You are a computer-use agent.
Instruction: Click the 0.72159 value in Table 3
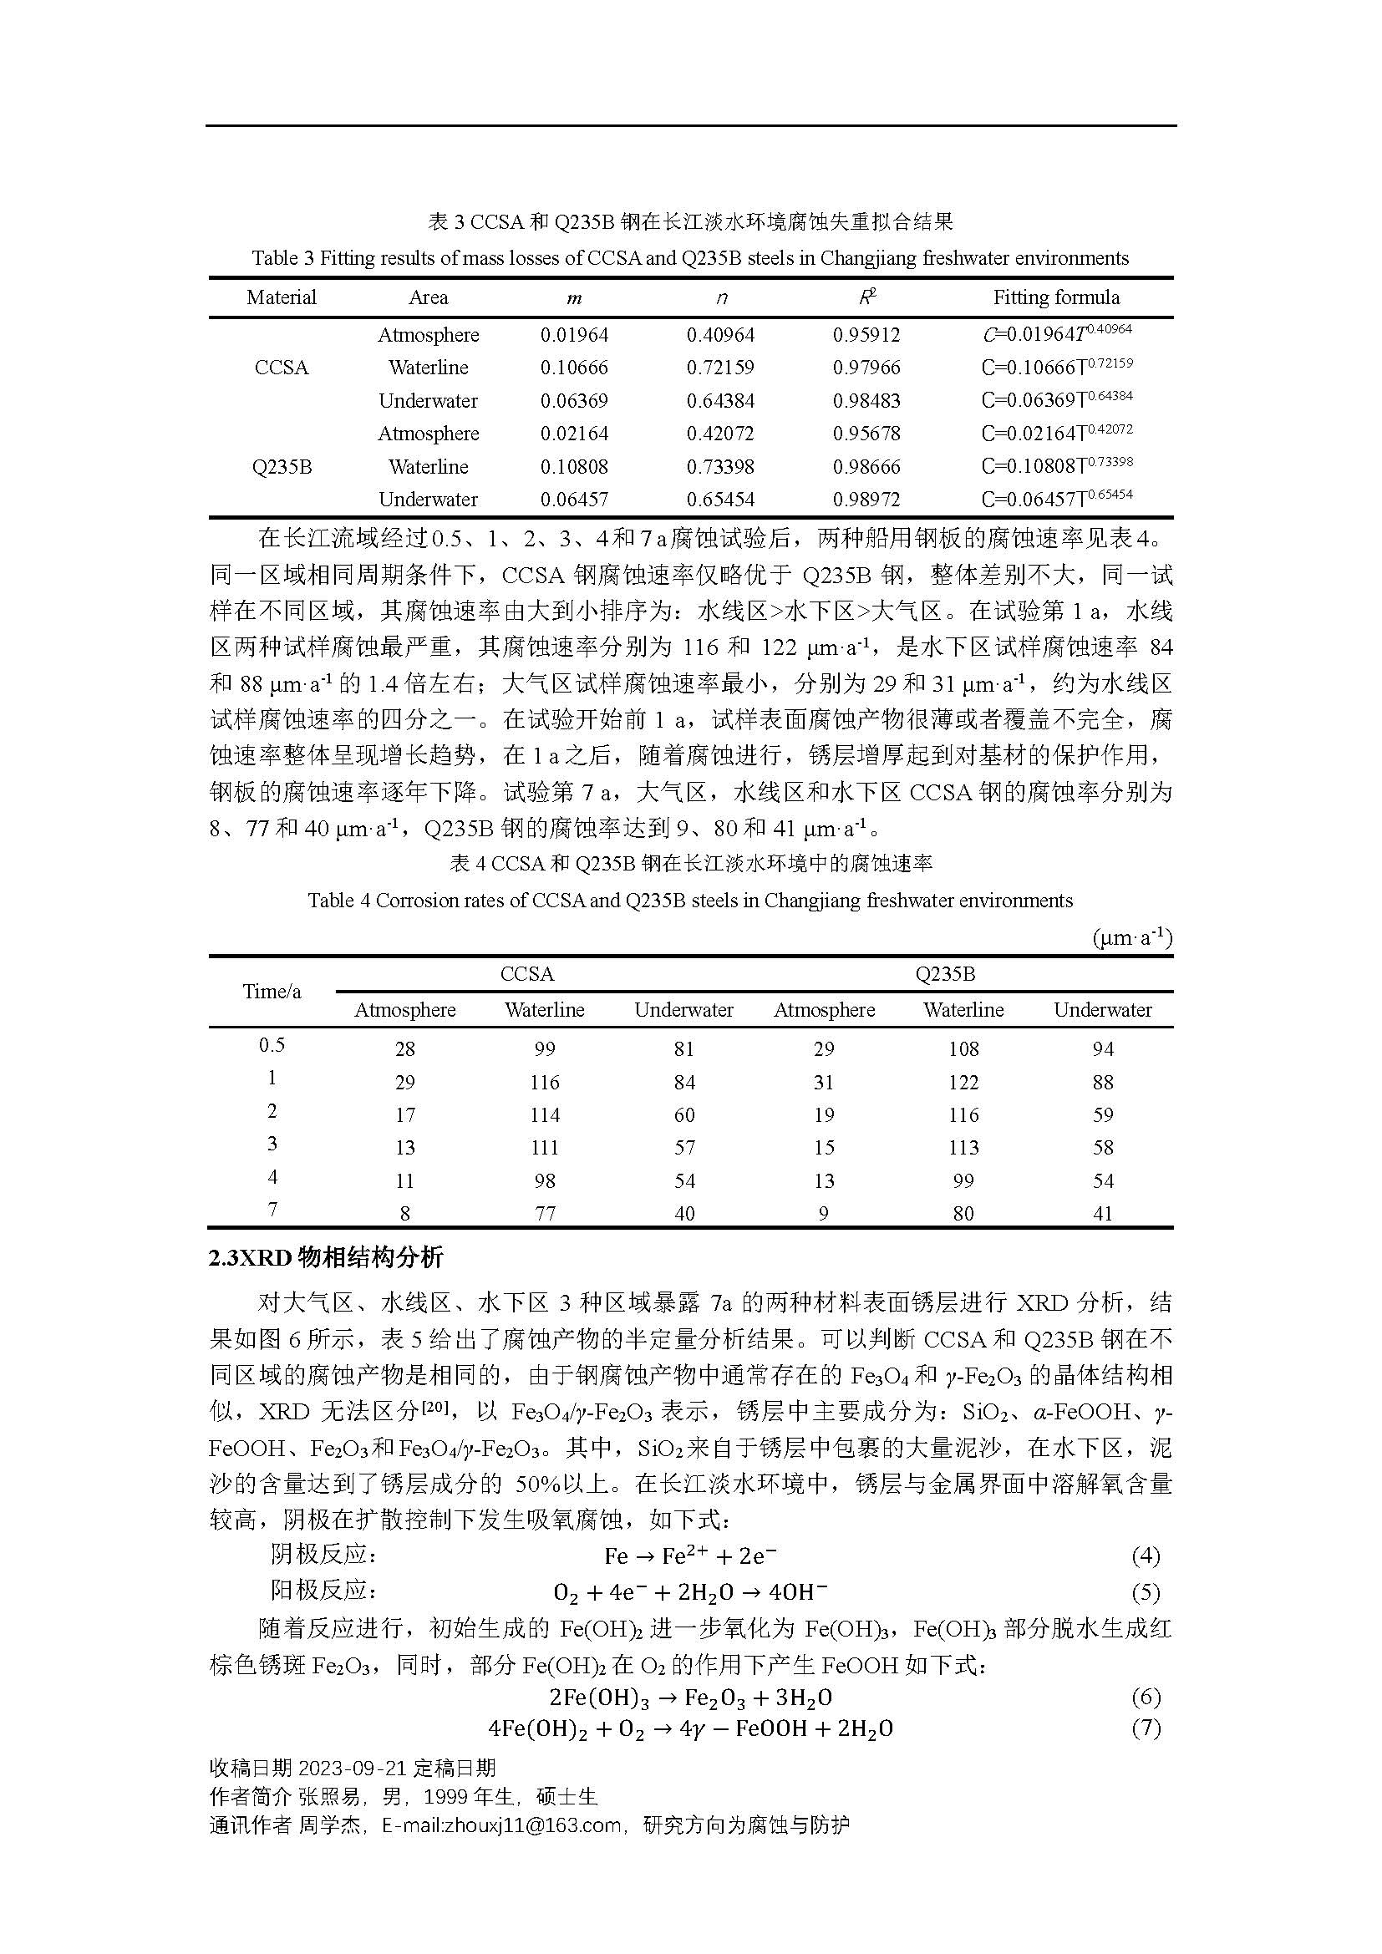pyautogui.click(x=720, y=368)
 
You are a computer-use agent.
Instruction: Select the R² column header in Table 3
pyautogui.click(x=866, y=297)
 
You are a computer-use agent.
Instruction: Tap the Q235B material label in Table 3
pyautogui.click(x=282, y=467)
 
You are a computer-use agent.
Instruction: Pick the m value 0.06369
pyautogui.click(x=574, y=401)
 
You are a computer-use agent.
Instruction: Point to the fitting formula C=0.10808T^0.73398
pyautogui.click(x=1056, y=465)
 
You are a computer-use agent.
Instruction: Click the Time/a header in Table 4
pyautogui.click(x=272, y=992)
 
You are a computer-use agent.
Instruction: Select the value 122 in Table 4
pyautogui.click(x=963, y=1083)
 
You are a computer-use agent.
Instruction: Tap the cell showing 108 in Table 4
pyautogui.click(x=963, y=1049)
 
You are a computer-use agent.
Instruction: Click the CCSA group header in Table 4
pyautogui.click(x=526, y=973)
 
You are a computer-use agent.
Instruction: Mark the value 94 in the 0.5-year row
pyautogui.click(x=1103, y=1049)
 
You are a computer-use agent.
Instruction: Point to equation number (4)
pyautogui.click(x=1146, y=1556)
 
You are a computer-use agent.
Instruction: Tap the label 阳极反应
pyautogui.click(x=323, y=1590)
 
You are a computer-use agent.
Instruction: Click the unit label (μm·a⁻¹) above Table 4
pyautogui.click(x=1132, y=938)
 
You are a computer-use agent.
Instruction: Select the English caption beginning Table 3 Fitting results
pyautogui.click(x=690, y=258)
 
